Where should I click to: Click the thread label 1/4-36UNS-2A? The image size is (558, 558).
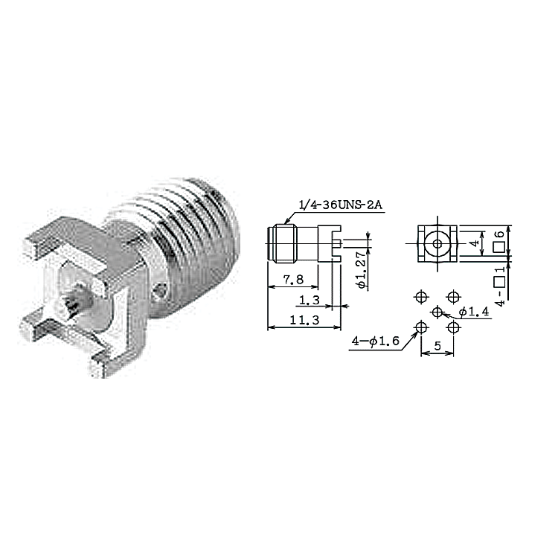[341, 205]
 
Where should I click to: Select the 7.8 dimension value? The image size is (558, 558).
[293, 280]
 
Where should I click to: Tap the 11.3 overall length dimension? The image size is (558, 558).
[304, 320]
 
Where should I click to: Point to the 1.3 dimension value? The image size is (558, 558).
[310, 301]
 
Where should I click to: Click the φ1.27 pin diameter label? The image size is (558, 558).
[361, 270]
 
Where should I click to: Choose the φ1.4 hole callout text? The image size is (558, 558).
[474, 312]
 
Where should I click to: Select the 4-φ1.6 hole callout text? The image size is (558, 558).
[376, 341]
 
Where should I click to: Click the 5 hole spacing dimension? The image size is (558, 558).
[437, 345]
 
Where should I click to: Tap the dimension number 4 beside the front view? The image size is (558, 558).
[475, 243]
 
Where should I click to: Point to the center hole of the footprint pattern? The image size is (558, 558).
[437, 312]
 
